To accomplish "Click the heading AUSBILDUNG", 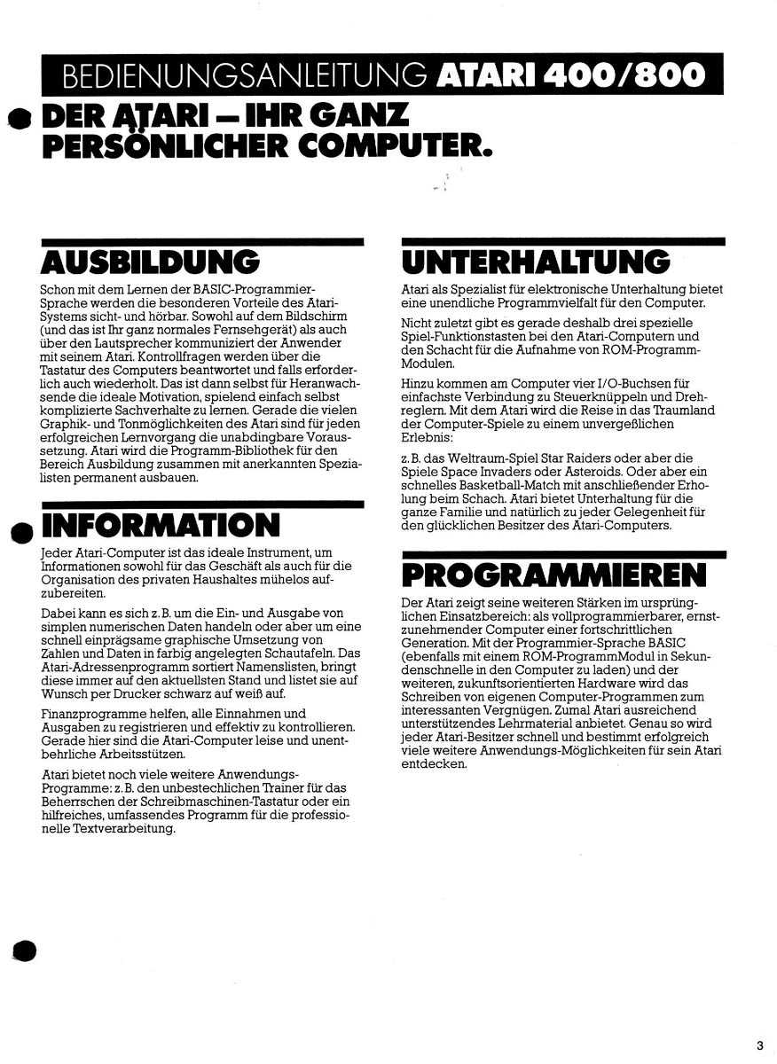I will coord(150,262).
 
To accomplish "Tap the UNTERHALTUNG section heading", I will coord(536,262).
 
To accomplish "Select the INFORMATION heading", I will coord(161,526).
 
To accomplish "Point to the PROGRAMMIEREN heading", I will coord(554,575).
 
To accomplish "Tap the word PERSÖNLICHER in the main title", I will coord(161,144).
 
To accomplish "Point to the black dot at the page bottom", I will coord(24,949).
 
